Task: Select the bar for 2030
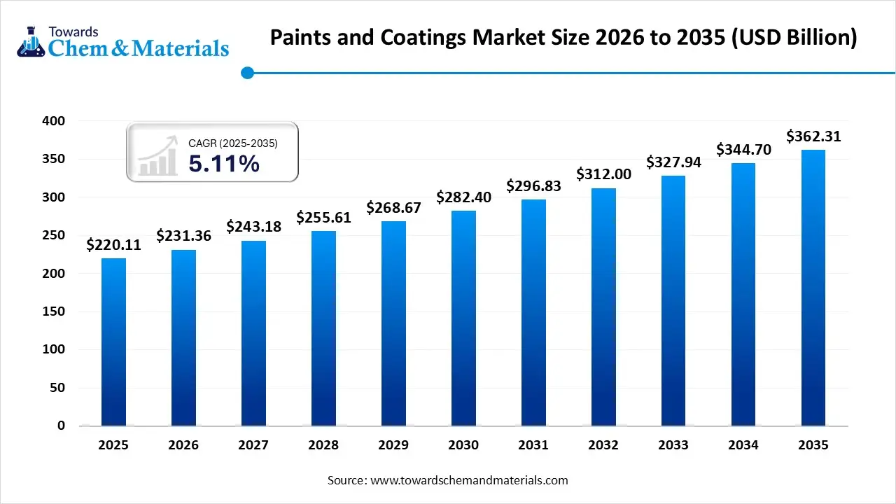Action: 463,318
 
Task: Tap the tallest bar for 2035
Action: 813,287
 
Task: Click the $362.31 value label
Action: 813,136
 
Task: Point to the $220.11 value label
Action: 113,245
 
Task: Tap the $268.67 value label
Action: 393,208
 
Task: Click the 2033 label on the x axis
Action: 673,445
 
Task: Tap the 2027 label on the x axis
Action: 253,445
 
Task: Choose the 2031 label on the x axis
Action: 533,445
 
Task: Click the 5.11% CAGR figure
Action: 224,164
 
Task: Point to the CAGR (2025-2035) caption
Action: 233,143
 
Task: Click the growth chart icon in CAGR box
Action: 157,157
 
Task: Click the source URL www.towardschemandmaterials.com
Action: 468,480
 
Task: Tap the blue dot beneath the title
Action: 246,73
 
